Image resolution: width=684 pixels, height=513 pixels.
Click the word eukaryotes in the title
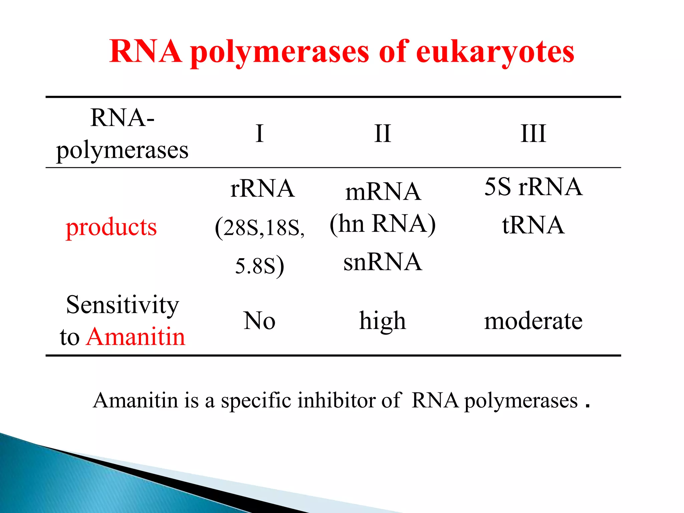tap(495, 52)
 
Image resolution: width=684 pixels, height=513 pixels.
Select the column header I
tap(260, 134)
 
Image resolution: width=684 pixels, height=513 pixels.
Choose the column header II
tap(382, 134)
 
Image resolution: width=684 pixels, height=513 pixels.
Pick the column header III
tap(533, 134)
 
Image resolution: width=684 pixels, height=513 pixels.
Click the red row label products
tap(111, 227)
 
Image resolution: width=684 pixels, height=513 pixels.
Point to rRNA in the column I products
tap(263, 189)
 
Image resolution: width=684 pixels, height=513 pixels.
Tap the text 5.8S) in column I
tap(260, 266)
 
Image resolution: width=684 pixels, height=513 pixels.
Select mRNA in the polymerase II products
tap(383, 192)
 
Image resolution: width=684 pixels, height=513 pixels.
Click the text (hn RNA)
tap(383, 224)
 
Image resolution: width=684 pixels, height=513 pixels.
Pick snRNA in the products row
tap(383, 262)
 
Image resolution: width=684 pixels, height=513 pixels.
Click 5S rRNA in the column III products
tap(533, 187)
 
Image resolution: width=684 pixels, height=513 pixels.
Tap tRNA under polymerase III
tap(533, 225)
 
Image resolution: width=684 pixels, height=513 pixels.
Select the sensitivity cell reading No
tap(260, 321)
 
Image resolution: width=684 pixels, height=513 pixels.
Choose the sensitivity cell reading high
tap(382, 321)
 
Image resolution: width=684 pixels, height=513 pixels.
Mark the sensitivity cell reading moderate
tap(533, 321)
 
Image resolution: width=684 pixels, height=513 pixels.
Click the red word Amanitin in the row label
tap(136, 336)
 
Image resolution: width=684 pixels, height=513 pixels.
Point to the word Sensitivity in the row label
tap(123, 305)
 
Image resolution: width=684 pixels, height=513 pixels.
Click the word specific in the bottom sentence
tap(256, 400)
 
